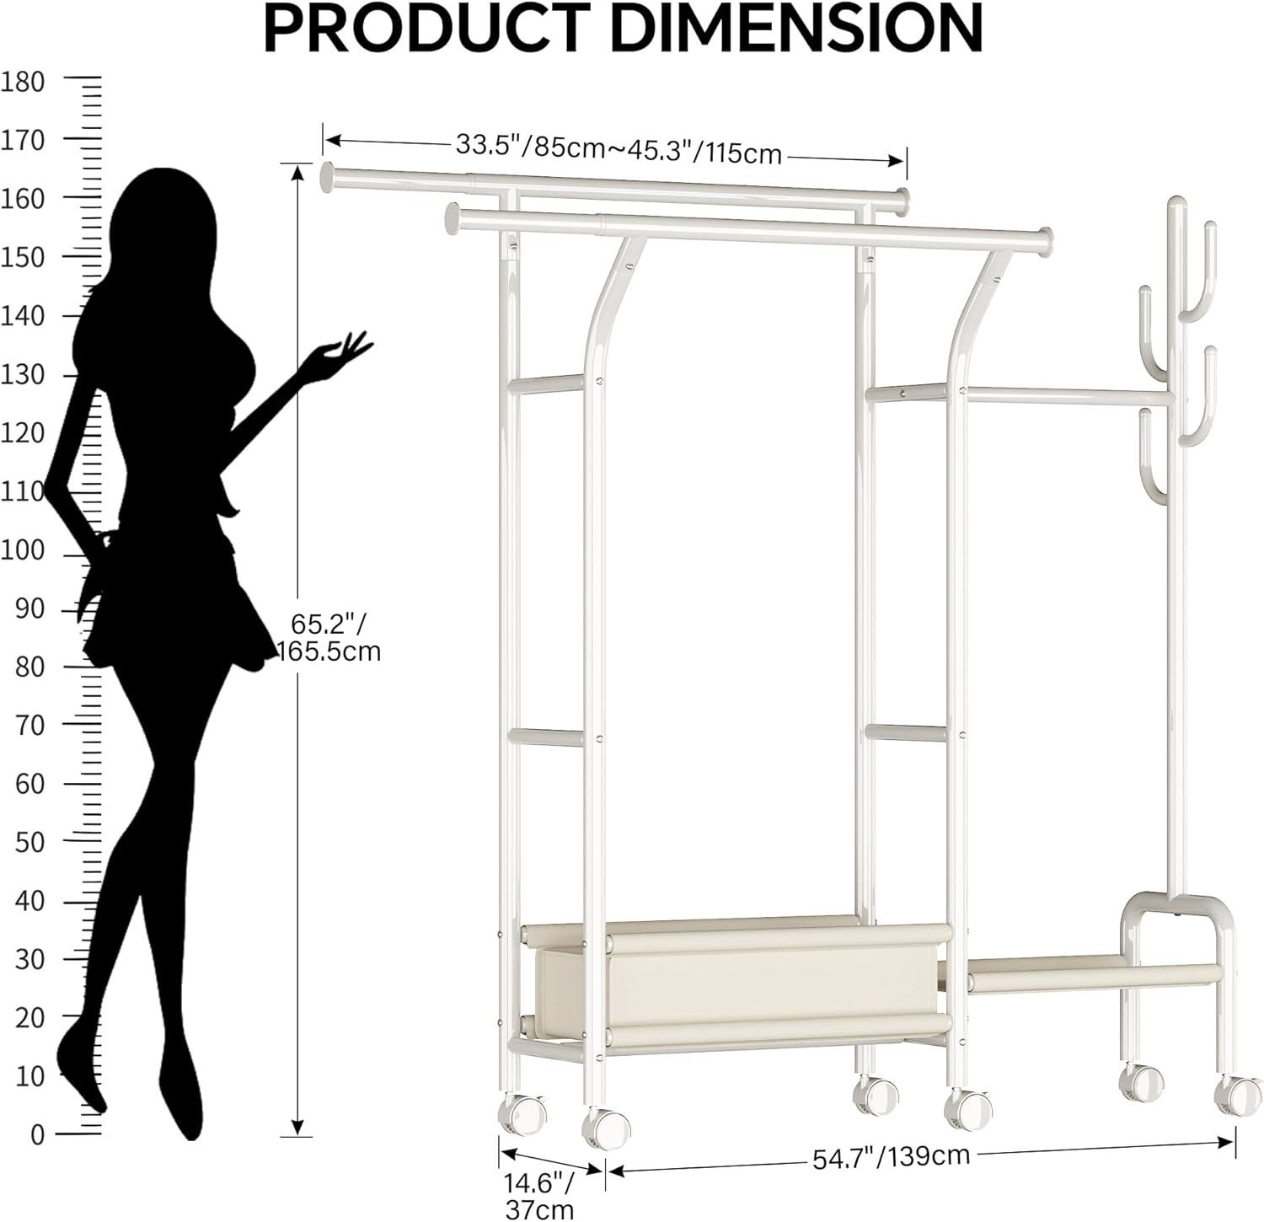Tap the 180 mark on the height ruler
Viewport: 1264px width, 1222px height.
(24, 82)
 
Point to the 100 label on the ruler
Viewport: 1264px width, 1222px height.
(24, 550)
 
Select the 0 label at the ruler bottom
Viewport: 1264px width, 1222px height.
(36, 1134)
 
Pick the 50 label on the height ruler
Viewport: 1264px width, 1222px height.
(29, 842)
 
